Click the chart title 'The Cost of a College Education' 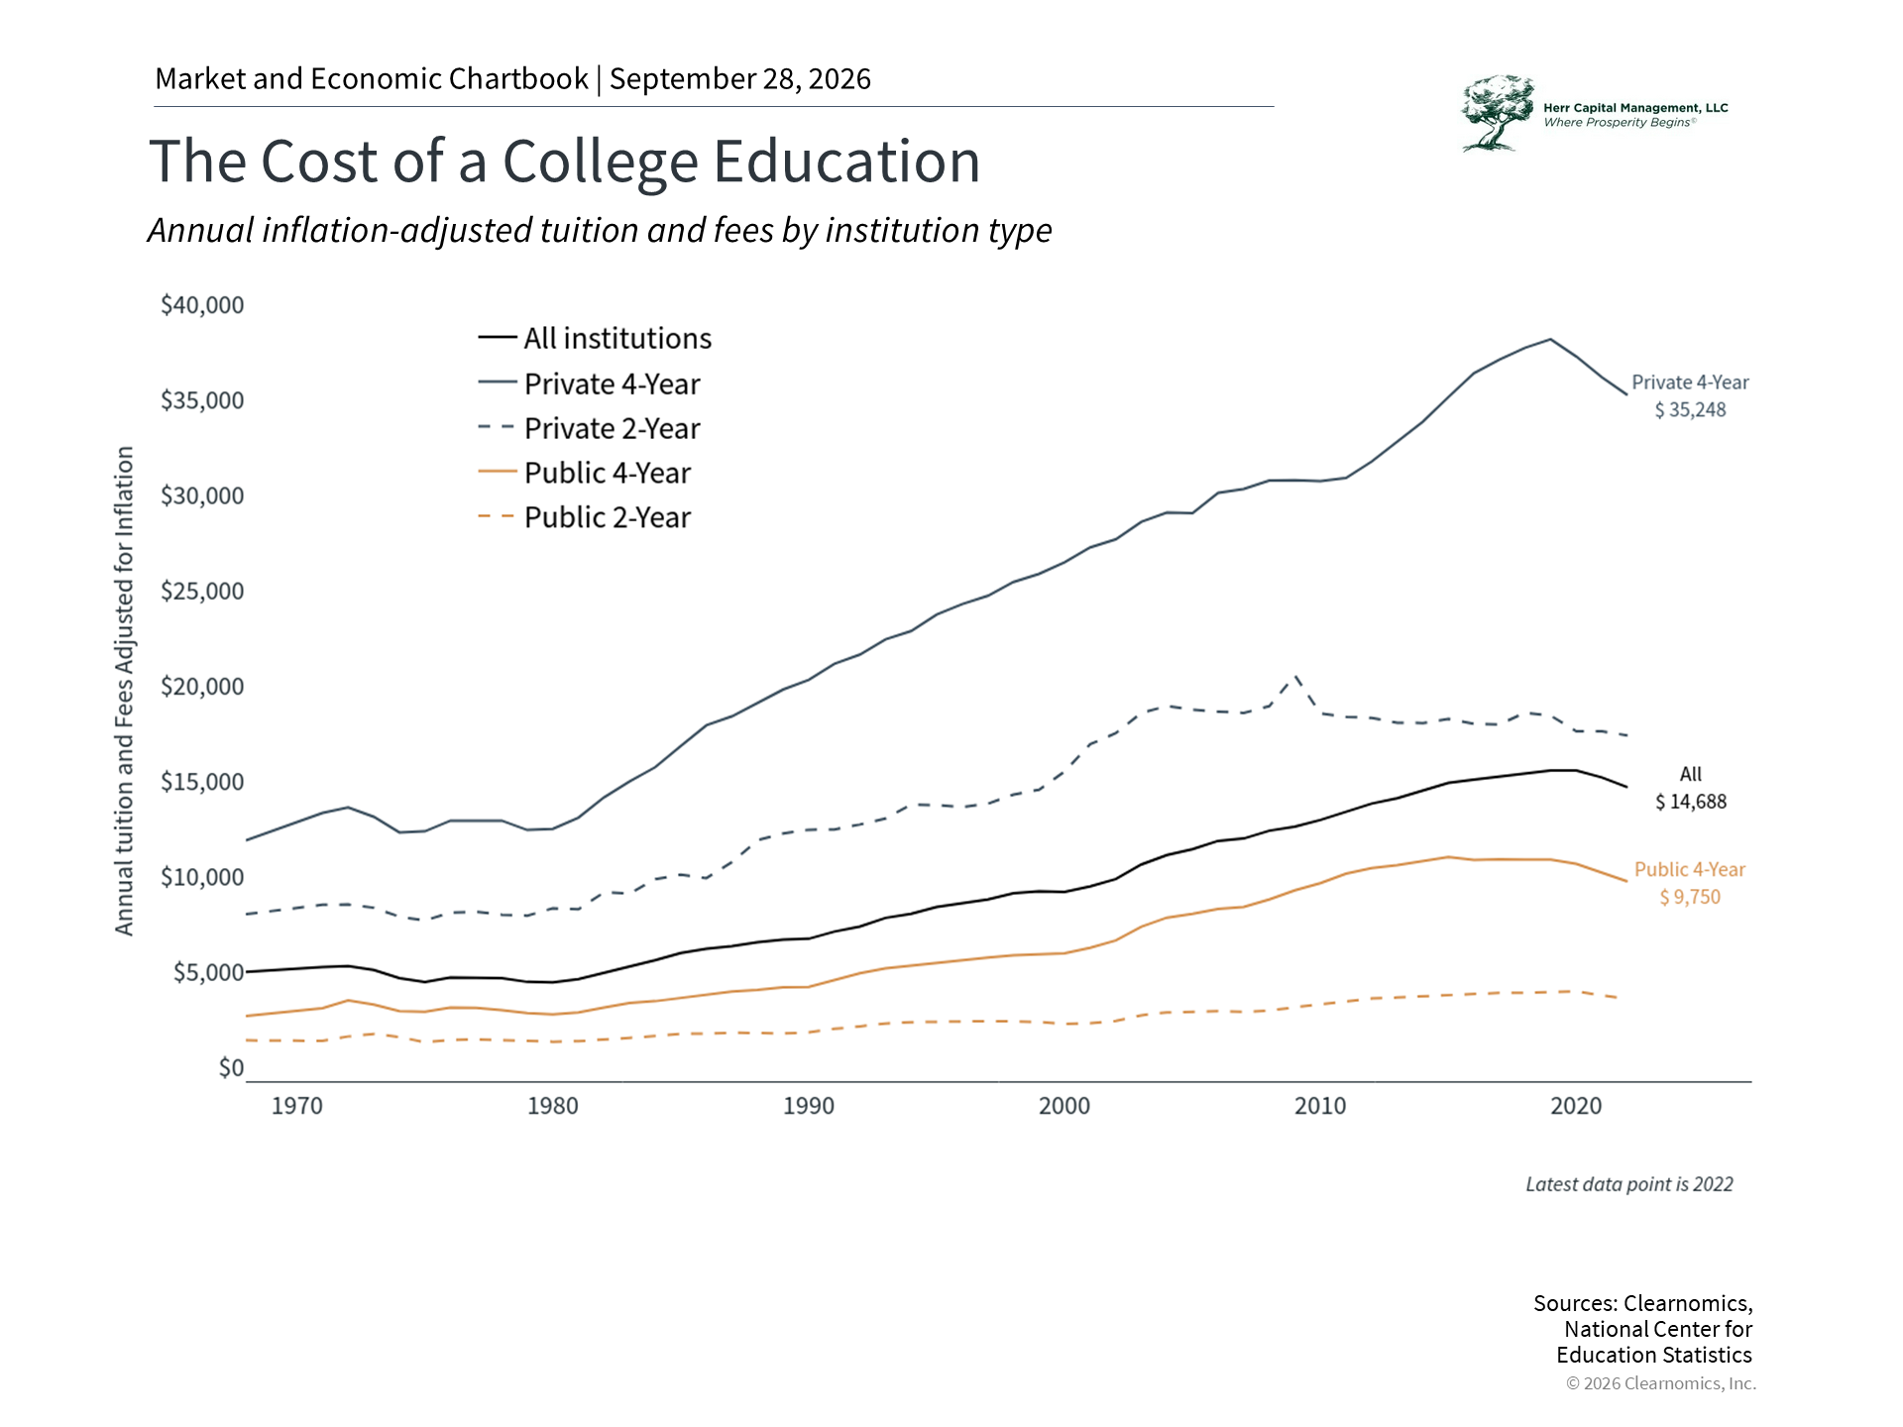tap(564, 162)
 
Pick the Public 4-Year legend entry tap(584, 473)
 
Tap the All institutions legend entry tap(595, 339)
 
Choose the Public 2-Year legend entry tap(584, 517)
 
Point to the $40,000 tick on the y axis tap(202, 305)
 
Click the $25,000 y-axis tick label tap(202, 592)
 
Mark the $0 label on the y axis tap(231, 1068)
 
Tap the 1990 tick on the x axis tap(809, 1106)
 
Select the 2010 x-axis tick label tap(1320, 1106)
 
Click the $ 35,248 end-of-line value tap(1690, 410)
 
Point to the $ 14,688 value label tap(1691, 802)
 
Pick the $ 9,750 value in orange tap(1690, 897)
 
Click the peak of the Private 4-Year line tap(1550, 339)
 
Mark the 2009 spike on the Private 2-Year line tap(1295, 677)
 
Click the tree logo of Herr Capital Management tap(1497, 113)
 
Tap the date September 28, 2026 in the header tap(740, 79)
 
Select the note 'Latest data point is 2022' tap(1629, 1184)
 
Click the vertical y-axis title tap(124, 691)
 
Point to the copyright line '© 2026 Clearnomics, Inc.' tap(1661, 1383)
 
